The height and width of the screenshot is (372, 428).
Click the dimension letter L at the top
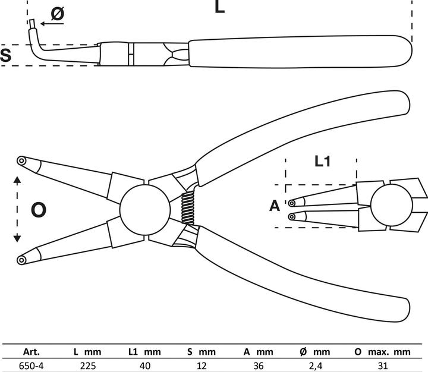click(x=219, y=7)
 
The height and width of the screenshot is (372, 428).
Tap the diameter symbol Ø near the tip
click(x=56, y=13)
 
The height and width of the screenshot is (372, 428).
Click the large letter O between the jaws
click(x=38, y=209)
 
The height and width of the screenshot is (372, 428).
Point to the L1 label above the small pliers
click(x=322, y=162)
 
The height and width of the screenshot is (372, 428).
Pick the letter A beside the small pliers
click(x=274, y=206)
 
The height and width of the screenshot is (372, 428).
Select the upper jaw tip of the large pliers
click(x=22, y=160)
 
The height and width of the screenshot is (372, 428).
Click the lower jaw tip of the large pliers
click(x=22, y=259)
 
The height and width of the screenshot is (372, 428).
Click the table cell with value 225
click(x=88, y=365)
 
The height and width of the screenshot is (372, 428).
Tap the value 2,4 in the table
click(x=322, y=365)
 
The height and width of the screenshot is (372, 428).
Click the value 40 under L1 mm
click(x=144, y=365)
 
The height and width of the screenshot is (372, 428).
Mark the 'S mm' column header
click(x=197, y=352)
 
